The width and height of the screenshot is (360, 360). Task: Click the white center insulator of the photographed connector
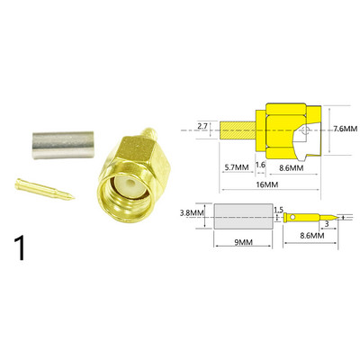[x=130, y=190]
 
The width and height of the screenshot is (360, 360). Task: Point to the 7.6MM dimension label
[x=345, y=130]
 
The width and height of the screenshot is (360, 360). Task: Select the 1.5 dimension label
[x=278, y=209]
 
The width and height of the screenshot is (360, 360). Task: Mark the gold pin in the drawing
[x=306, y=217]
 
